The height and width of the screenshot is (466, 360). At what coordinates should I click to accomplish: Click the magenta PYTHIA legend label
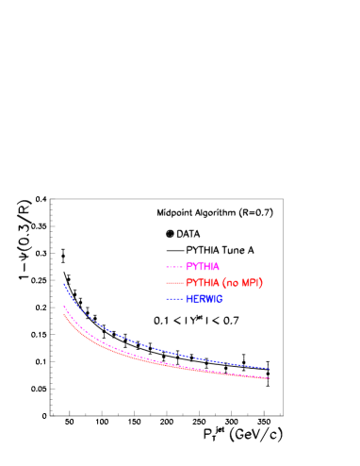[203, 267]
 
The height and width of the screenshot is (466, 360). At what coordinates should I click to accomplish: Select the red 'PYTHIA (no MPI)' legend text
[224, 283]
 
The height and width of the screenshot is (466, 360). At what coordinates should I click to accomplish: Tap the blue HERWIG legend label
[204, 299]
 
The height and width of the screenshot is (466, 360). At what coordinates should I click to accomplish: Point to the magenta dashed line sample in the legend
[174, 267]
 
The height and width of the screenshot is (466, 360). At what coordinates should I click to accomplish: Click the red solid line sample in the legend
[174, 283]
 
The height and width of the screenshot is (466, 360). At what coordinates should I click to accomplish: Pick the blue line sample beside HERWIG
[174, 299]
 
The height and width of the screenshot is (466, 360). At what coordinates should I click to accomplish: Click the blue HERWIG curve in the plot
[141, 343]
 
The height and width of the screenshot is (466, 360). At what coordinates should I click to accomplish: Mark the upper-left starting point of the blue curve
[64, 283]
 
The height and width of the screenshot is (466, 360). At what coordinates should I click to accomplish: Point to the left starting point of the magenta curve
[64, 306]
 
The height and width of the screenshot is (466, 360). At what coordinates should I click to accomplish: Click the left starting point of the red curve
[64, 313]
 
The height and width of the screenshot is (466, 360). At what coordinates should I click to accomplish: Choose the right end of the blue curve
[270, 369]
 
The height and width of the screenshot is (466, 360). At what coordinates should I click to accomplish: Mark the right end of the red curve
[270, 378]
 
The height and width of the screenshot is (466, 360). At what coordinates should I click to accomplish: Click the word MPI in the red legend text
[250, 283]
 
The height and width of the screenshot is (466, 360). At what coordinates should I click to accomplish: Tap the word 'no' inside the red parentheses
[232, 283]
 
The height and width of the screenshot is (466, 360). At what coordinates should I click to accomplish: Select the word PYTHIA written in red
[203, 283]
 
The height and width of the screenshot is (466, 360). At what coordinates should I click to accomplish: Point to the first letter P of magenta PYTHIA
[188, 267]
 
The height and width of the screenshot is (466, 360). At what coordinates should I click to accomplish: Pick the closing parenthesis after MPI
[261, 283]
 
